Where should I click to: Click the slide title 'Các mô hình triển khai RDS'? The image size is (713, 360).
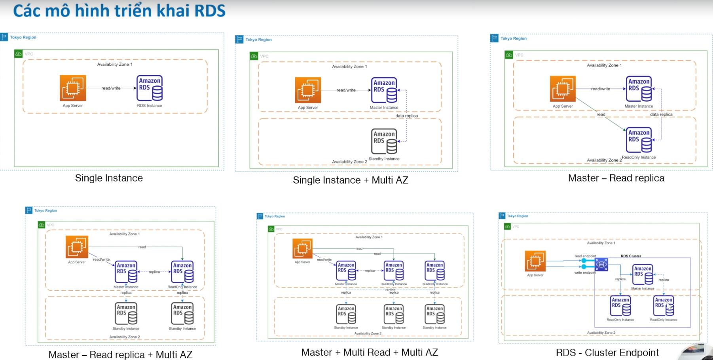[119, 11]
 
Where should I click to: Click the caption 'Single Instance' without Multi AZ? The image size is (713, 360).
[109, 178]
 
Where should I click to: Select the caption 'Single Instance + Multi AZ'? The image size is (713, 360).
[350, 180]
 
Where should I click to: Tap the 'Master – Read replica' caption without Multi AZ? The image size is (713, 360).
[616, 178]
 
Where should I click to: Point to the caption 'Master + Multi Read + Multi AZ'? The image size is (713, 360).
[370, 352]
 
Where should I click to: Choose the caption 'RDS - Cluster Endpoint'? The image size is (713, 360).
[607, 352]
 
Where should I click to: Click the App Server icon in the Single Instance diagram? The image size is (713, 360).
[73, 88]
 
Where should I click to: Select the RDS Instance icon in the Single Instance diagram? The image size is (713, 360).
[150, 88]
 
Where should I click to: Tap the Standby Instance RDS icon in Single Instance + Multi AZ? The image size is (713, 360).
[384, 141]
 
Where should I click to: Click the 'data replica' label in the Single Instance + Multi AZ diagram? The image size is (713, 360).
[406, 116]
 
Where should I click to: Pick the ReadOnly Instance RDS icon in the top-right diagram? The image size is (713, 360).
[639, 140]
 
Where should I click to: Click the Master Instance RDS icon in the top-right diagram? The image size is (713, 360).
[639, 89]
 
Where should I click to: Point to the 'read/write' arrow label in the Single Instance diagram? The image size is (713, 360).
[111, 88]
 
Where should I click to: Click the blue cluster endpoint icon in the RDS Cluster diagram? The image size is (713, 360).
[601, 264]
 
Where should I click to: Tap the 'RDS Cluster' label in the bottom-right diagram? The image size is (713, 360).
[631, 256]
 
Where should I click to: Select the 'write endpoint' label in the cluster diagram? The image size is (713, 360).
[585, 273]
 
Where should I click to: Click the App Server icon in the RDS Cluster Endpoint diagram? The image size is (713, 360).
[535, 261]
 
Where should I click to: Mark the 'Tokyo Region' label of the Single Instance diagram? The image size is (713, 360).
[23, 38]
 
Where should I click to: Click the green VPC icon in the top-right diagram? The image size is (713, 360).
[509, 55]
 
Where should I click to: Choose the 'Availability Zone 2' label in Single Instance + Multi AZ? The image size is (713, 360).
[349, 162]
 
